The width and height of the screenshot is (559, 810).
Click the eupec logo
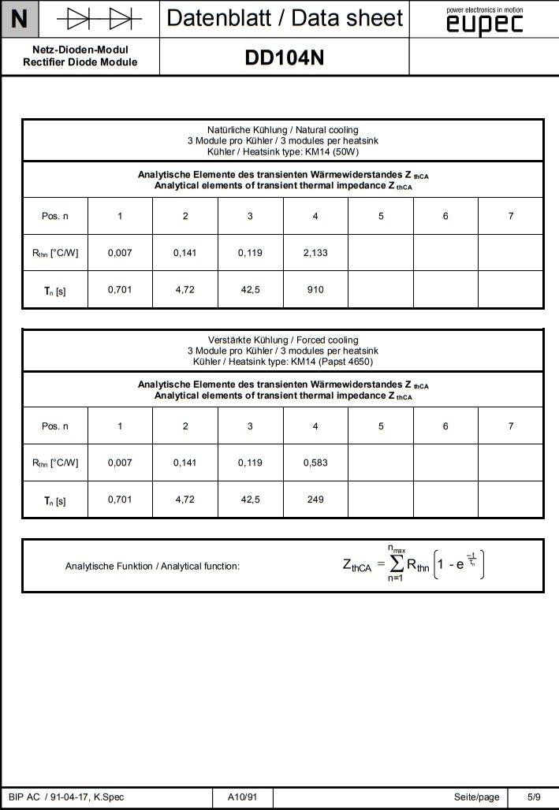coord(484,21)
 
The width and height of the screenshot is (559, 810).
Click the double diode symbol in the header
coord(99,17)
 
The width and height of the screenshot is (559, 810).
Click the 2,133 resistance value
coord(315,253)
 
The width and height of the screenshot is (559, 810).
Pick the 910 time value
coord(315,290)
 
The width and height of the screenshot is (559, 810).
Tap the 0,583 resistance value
coord(315,463)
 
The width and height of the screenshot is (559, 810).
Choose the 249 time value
coord(315,500)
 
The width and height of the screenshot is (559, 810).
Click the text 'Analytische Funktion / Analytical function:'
coord(152,566)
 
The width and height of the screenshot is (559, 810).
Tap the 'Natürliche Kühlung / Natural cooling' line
coord(282,129)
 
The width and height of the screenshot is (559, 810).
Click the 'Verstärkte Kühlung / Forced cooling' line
coord(282,340)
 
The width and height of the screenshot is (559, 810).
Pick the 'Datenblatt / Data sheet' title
coord(285,18)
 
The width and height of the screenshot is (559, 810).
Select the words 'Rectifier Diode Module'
coord(80,62)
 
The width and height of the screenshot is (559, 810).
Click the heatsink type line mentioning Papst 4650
coord(282,361)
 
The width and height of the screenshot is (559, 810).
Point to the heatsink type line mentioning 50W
coord(282,150)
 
